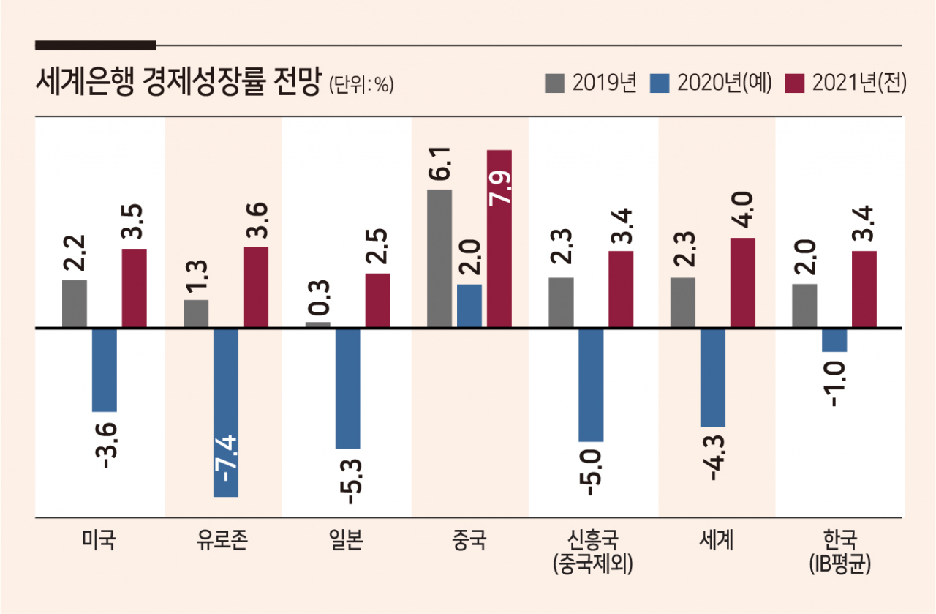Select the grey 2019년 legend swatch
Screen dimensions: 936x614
pyautogui.click(x=554, y=83)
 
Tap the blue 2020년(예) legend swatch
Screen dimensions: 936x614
pyautogui.click(x=660, y=83)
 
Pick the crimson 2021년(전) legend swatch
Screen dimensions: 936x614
pyautogui.click(x=794, y=83)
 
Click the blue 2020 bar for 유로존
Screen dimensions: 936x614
pyautogui.click(x=226, y=413)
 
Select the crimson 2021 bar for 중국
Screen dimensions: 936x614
pyautogui.click(x=499, y=239)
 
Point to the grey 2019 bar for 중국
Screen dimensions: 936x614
pyautogui.click(x=439, y=258)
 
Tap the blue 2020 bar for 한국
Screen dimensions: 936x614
pyautogui.click(x=834, y=340)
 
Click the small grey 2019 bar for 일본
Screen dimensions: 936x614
pyautogui.click(x=318, y=325)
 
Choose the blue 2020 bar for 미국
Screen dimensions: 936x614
pyautogui.click(x=105, y=370)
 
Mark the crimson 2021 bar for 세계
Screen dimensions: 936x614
pyautogui.click(x=742, y=282)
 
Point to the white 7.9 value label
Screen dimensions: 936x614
pyautogui.click(x=499, y=187)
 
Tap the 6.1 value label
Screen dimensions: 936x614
pyautogui.click(x=439, y=163)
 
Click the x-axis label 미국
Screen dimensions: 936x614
pyautogui.click(x=99, y=539)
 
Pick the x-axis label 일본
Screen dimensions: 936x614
pyautogui.click(x=346, y=539)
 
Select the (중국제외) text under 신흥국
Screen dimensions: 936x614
pyautogui.click(x=593, y=564)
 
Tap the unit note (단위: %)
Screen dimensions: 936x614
pyautogui.click(x=361, y=85)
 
